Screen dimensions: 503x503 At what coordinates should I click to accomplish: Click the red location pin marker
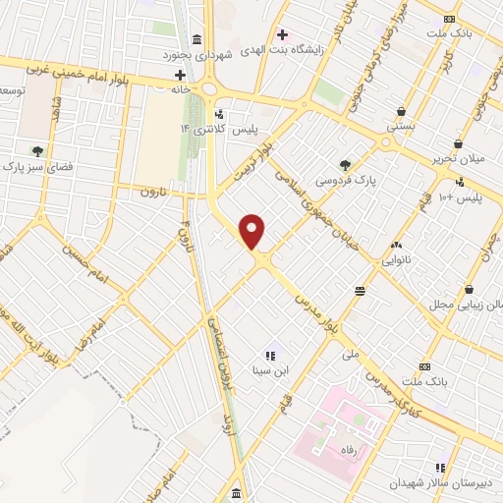click(x=253, y=232)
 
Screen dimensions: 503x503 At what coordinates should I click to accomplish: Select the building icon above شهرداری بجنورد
click(x=197, y=40)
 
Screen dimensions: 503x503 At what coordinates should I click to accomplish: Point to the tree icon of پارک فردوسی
click(x=344, y=165)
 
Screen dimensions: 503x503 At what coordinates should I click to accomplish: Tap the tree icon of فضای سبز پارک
click(x=37, y=150)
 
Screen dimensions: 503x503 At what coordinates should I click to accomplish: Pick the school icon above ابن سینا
click(x=270, y=355)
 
